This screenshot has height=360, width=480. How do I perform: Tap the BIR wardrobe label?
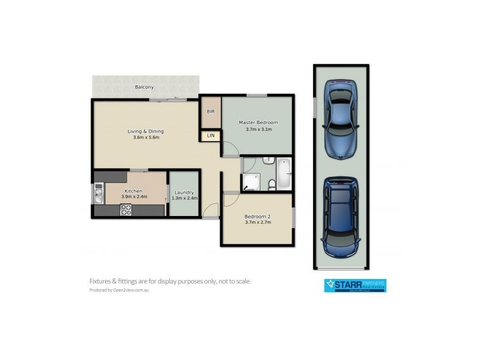[x=211, y=112]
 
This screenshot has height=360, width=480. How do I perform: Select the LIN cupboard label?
[x=211, y=136]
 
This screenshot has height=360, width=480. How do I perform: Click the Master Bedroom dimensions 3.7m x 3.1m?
[x=259, y=129]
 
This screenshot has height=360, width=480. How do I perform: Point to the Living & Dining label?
[x=145, y=131]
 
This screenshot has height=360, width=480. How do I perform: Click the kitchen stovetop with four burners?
[x=126, y=209]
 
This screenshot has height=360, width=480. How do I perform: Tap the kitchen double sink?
[x=98, y=193]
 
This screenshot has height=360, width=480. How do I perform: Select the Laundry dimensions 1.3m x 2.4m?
[x=184, y=198]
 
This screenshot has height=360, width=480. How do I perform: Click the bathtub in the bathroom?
[x=284, y=173]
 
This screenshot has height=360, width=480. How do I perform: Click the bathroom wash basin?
[x=268, y=161]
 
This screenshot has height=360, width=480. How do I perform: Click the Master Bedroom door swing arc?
[x=229, y=149]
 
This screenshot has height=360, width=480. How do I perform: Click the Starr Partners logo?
[x=355, y=285]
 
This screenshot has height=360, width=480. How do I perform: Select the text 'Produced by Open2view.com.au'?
[x=119, y=290]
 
